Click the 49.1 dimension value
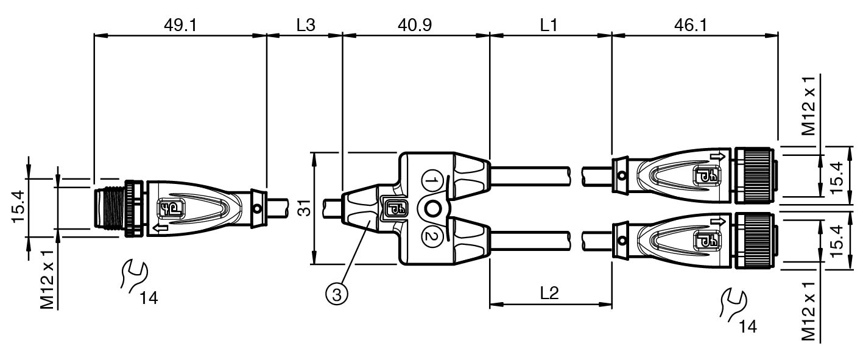pyautogui.click(x=180, y=26)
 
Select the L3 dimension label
pyautogui.click(x=306, y=26)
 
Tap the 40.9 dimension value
pyautogui.click(x=415, y=26)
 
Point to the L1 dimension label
pyautogui.click(x=549, y=26)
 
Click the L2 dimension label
pyautogui.click(x=549, y=294)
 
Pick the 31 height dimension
pyautogui.click(x=305, y=208)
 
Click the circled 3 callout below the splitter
pyautogui.click(x=337, y=295)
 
